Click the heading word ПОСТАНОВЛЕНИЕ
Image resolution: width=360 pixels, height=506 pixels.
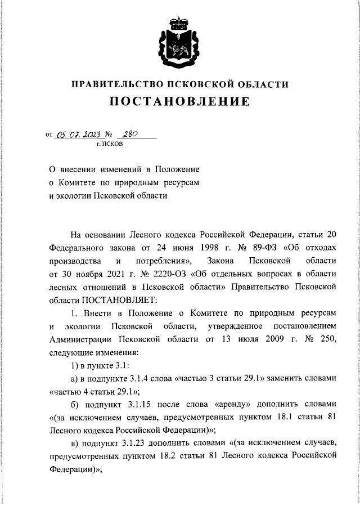[x=179, y=102]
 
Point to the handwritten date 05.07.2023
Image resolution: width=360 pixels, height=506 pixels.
[x=78, y=135]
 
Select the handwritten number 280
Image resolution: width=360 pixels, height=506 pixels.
[x=131, y=134]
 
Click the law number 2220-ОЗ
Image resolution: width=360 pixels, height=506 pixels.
[x=166, y=274]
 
